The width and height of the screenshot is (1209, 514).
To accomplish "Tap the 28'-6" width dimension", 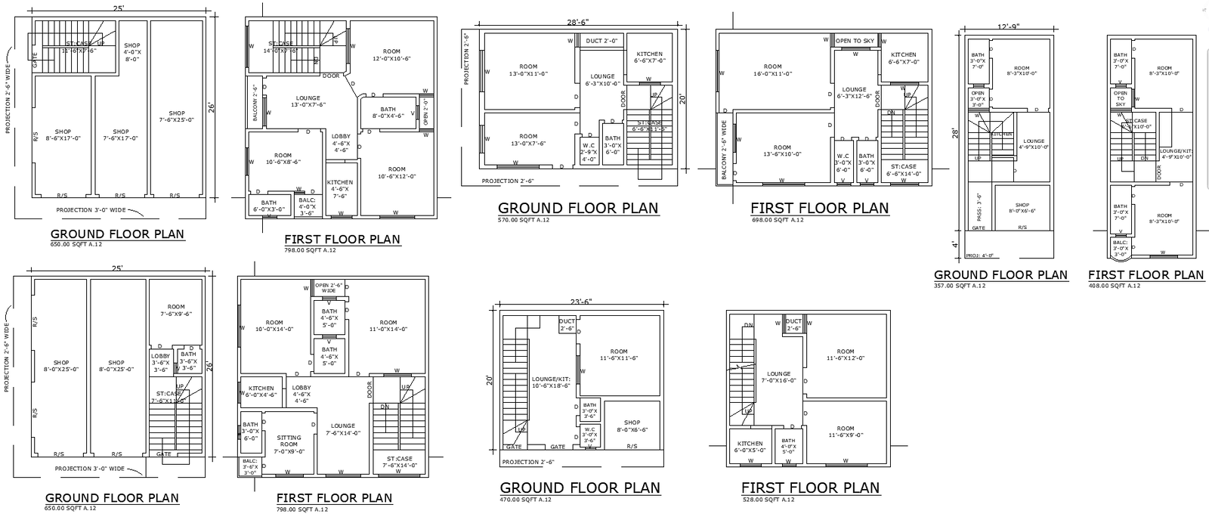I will [577, 22].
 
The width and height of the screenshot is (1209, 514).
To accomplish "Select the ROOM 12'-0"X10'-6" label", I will [391, 55].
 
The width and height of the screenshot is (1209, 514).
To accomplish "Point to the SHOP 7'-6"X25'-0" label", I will [177, 116].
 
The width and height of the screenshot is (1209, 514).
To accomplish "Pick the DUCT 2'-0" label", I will [601, 41].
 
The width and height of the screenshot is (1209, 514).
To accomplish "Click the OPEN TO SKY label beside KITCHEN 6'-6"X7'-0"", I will [855, 41].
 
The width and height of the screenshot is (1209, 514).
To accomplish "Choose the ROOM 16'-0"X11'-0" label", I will [772, 70].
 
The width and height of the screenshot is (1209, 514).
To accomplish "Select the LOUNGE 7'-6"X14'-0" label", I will [342, 430].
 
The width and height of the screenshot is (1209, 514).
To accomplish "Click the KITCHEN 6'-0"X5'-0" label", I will [750, 447].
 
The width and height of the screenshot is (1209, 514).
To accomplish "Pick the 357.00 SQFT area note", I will [960, 286].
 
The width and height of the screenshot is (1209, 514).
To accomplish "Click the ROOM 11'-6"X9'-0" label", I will [845, 432].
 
